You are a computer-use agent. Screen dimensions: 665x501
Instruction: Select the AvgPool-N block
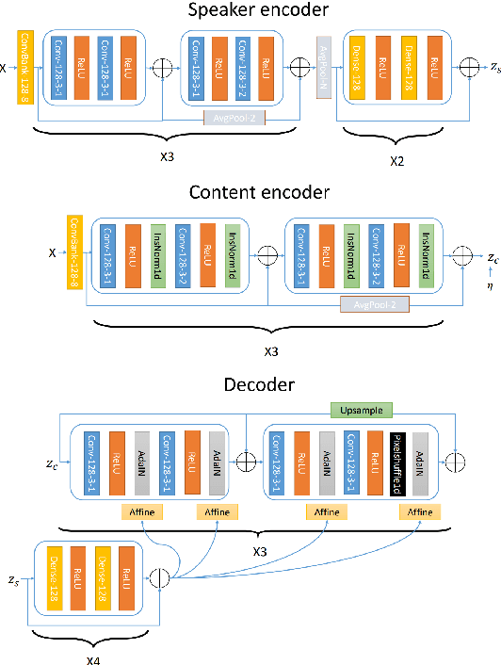pos(322,67)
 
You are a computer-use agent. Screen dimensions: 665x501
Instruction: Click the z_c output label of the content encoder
pos(492,256)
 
